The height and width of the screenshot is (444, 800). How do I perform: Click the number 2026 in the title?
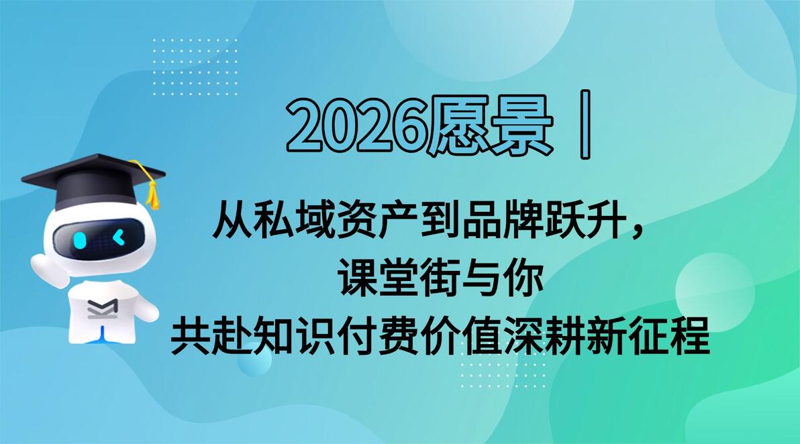pos(356,125)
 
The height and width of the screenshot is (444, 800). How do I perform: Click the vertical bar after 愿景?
pos(586,124)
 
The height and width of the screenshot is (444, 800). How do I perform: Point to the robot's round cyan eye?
pos(80,239)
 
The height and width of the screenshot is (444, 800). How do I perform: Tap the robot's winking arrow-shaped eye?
pos(118,237)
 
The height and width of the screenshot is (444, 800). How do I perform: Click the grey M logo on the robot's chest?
pos(103,309)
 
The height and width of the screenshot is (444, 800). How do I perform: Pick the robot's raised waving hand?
pos(48,268)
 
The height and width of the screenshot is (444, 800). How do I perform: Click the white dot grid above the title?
pos(195,66)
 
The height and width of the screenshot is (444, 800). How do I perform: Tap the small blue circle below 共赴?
pos(254,359)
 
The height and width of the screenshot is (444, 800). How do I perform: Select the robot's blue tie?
pos(103,333)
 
